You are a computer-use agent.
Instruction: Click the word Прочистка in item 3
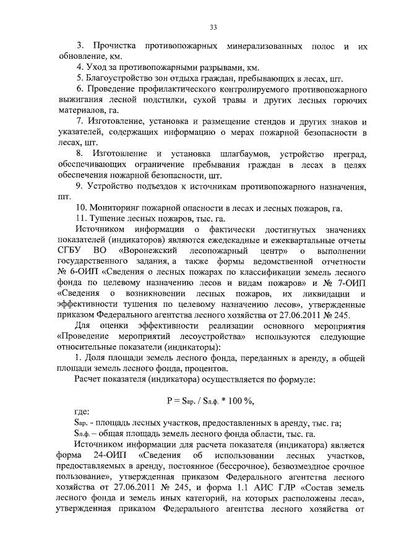tap(115, 46)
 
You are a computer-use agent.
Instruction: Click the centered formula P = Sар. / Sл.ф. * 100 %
tap(210, 400)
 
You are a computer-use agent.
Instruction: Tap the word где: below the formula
tap(81, 411)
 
